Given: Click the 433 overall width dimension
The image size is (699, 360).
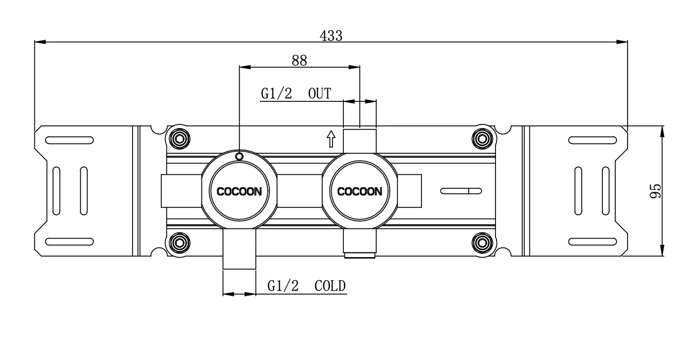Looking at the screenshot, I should point(331,35).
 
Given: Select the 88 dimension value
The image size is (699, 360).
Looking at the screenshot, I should point(299,60).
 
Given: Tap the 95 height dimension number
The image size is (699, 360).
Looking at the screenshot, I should point(655,191).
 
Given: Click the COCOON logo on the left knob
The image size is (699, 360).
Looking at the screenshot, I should point(239,192).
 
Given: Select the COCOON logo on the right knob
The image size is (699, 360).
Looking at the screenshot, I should point(359,192).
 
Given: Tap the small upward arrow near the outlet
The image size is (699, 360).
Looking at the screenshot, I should point(332,138).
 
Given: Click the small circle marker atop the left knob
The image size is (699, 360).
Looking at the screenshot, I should point(239,156).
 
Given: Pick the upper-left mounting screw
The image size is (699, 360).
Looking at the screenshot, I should point(179,138).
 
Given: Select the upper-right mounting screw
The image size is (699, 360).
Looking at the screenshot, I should point(482,138).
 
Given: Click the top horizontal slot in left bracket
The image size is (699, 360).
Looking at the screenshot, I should point(69,140).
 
